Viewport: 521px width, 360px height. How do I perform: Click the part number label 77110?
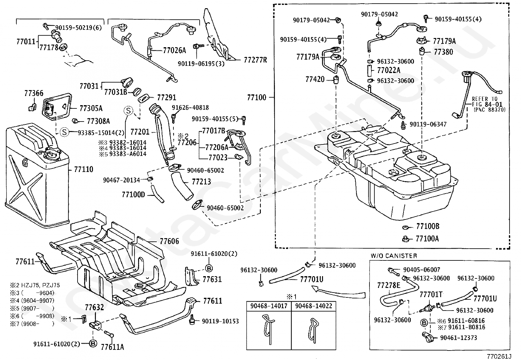click(x=83, y=169)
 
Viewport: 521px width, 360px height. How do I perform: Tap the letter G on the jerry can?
click(x=25, y=163)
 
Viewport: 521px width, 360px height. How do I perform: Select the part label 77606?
click(x=169, y=241)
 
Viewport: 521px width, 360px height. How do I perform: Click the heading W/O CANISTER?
click(x=394, y=256)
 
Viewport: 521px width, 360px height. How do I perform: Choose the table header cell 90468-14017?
click(x=269, y=306)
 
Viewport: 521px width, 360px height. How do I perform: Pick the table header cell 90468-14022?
click(x=314, y=306)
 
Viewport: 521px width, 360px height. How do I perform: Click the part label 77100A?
click(x=427, y=239)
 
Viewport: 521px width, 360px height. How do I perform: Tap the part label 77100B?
click(x=427, y=226)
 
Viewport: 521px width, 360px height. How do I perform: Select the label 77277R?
click(x=255, y=60)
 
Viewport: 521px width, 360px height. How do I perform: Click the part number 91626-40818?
click(x=190, y=107)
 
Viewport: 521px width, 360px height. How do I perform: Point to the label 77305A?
click(x=91, y=108)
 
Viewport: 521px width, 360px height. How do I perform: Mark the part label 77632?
click(x=94, y=307)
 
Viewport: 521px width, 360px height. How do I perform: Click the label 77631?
click(x=212, y=279)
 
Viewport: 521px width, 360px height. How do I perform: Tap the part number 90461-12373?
click(x=458, y=338)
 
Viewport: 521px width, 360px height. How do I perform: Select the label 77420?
click(x=315, y=79)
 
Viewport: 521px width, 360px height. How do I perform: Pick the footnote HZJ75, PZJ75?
click(x=41, y=285)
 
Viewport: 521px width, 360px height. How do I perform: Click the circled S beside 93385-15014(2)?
click(x=64, y=132)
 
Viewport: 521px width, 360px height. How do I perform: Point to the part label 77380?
click(x=443, y=52)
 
